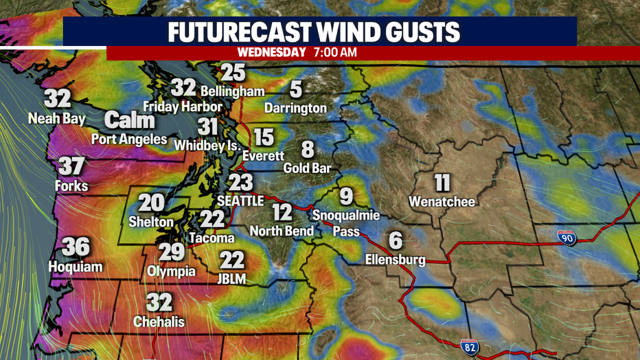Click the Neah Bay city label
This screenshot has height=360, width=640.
pos(57,119)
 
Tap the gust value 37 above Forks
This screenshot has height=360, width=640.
pos(71,166)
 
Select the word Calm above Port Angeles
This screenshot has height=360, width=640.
pos(130,121)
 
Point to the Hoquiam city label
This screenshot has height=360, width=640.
pos(76,266)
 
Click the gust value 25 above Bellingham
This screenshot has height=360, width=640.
pos(233,71)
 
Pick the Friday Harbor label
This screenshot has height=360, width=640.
pos(182,106)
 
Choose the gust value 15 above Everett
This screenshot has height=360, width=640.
pos(263,137)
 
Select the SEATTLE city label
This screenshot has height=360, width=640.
pos(240,201)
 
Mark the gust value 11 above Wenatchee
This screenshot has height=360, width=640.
pos(442,183)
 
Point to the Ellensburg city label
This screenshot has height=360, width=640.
pos(396,260)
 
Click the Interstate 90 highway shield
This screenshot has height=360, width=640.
pos(566,237)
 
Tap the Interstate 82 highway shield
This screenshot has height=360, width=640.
pos(470,346)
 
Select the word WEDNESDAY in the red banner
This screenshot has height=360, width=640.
pos(271,52)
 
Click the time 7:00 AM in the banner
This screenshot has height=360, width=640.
pos(334,52)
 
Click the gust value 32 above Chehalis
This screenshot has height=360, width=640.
pos(159,302)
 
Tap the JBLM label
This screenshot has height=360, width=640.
pos(232,279)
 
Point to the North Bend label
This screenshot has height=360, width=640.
pos(282,231)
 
